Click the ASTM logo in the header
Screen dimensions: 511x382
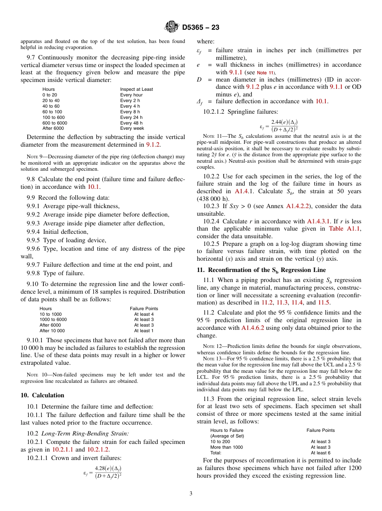point(172,27)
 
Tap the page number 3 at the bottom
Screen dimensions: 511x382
point(191,494)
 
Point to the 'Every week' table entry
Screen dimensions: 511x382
point(132,129)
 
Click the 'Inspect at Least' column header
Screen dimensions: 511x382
point(136,89)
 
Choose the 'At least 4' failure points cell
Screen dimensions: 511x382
point(144,314)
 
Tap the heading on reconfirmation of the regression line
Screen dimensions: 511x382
point(261,270)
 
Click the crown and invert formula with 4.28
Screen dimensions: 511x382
point(103,472)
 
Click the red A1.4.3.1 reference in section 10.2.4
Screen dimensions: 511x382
point(319,221)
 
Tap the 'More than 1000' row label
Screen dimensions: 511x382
point(226,447)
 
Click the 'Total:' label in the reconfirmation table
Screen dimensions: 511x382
point(216,453)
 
